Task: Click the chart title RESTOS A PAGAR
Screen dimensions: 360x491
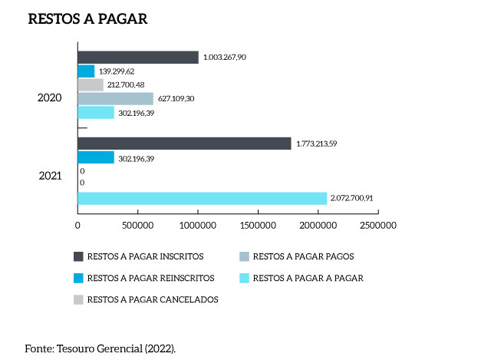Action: [87, 19]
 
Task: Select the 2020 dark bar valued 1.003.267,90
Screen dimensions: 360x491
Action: [138, 57]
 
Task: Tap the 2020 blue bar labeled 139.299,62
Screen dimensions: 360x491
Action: [86, 71]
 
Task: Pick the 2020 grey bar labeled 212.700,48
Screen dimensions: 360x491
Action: [91, 84]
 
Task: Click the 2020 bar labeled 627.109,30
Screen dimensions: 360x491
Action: [115, 98]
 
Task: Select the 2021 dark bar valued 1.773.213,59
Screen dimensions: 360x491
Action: [184, 144]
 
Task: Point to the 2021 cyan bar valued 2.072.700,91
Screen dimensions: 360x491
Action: [202, 198]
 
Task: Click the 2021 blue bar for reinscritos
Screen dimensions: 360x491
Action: [96, 157]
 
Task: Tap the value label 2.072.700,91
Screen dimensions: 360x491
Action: [351, 199]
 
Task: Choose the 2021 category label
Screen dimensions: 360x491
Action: [51, 177]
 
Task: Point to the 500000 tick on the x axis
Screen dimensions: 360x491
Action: [137, 226]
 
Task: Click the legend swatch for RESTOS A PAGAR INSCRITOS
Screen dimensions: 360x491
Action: [77, 256]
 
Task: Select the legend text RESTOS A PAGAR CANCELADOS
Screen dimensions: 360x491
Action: [153, 299]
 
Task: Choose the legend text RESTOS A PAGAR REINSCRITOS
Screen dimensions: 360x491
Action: [150, 278]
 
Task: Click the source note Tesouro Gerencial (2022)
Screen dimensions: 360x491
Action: [100, 348]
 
